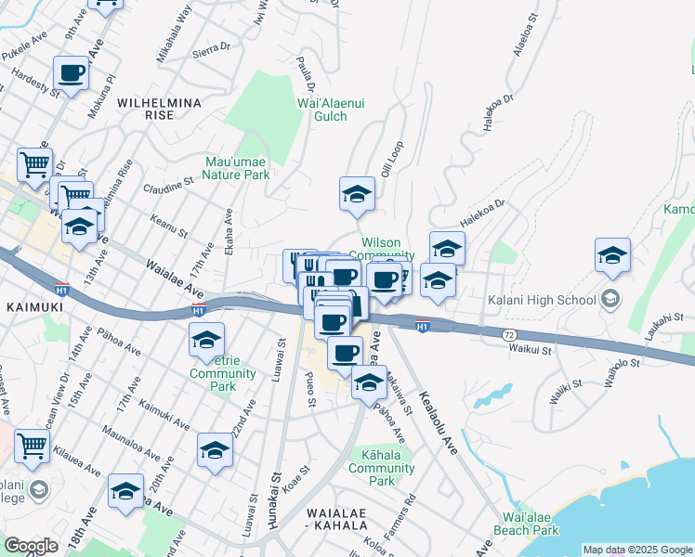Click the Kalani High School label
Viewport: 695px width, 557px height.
click(x=542, y=300)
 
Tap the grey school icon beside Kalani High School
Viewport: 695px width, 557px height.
click(x=610, y=299)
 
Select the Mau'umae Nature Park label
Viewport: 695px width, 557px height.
click(x=237, y=167)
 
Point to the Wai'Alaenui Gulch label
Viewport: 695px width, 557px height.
click(x=322, y=110)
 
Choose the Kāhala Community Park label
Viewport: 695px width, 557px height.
click(x=382, y=468)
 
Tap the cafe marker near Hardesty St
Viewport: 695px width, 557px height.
click(x=72, y=71)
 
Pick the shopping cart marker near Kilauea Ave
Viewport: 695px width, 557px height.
click(x=33, y=445)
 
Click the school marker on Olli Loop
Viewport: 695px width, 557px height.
click(x=357, y=193)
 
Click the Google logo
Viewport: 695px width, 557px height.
click(x=31, y=546)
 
